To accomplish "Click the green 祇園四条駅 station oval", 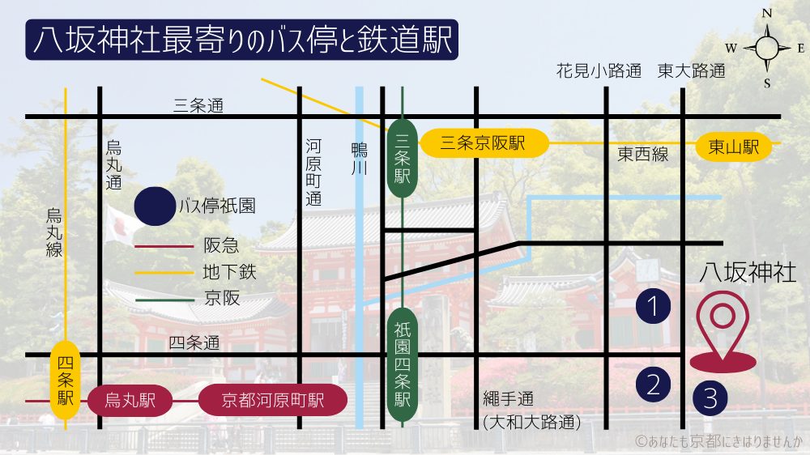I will click(x=403, y=365).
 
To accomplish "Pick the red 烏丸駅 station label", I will click(x=130, y=400).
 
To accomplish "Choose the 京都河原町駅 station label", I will click(x=272, y=400).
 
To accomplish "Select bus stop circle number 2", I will click(x=654, y=384).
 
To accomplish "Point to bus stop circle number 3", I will click(x=710, y=398).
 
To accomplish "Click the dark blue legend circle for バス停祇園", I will click(x=154, y=206).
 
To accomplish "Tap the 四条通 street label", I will click(x=194, y=343).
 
